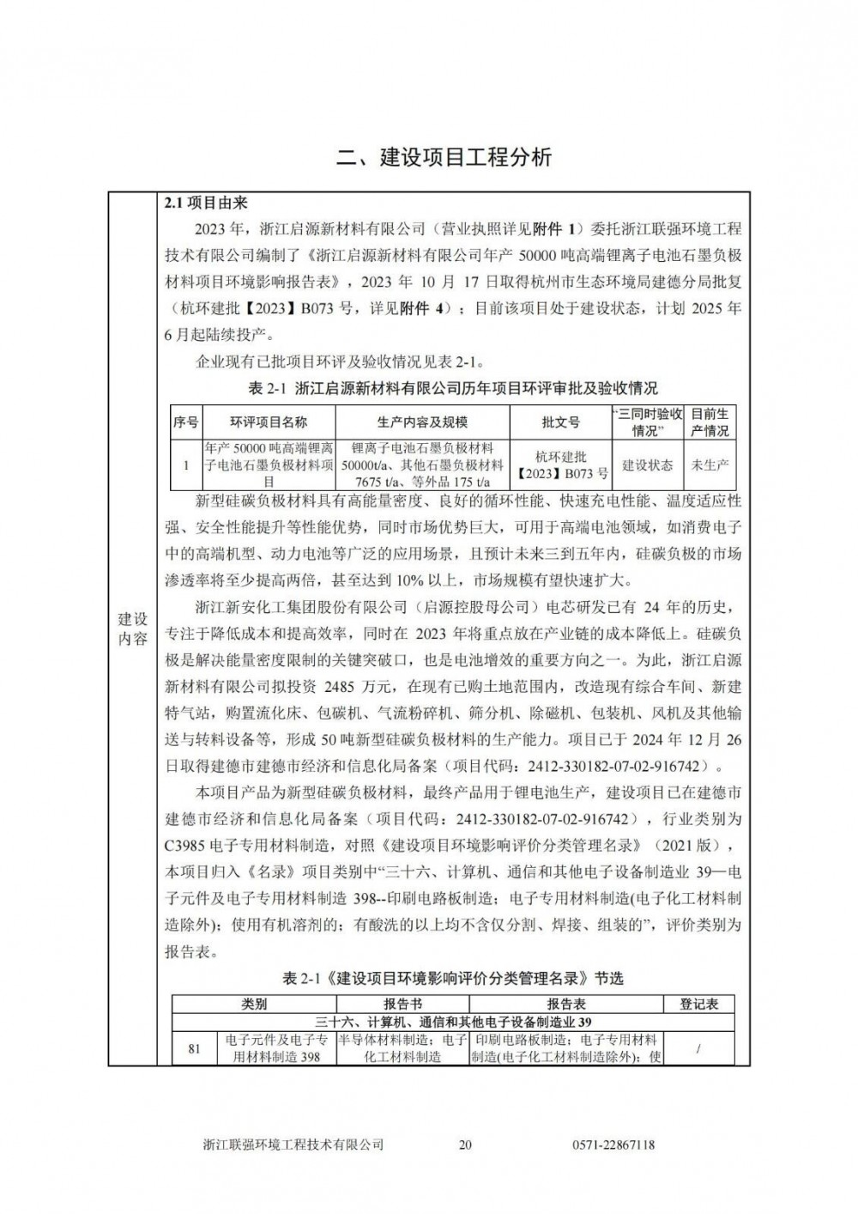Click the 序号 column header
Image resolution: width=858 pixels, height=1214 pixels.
coord(185,422)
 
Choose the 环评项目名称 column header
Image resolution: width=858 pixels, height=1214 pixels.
coord(269,422)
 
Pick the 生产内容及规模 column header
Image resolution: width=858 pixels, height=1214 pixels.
coord(422,422)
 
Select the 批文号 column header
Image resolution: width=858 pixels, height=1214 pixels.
coord(561,422)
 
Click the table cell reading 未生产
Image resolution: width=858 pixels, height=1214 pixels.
coord(710,465)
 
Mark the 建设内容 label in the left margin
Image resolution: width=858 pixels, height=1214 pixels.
coord(132,629)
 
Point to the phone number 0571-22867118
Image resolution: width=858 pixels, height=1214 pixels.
coord(613,1144)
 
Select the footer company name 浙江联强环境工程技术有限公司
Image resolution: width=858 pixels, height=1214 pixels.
coord(293,1144)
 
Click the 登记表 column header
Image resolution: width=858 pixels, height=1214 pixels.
coord(699,1004)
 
